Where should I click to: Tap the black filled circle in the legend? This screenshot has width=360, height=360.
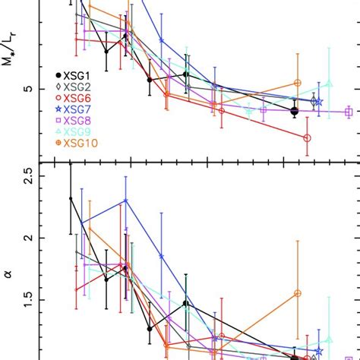58,76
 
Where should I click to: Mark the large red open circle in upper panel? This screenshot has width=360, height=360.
308,137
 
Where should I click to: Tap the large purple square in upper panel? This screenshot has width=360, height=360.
349,112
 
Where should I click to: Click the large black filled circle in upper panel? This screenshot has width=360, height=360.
295,111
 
